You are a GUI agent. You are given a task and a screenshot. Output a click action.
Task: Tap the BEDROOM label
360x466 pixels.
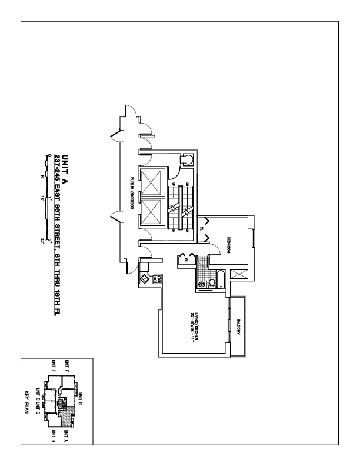tap(228, 244)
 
